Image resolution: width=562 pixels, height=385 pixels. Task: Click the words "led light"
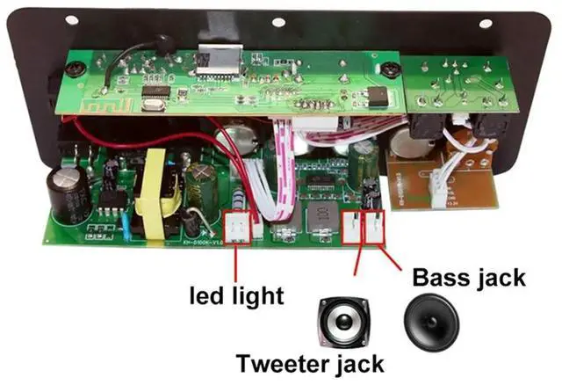[238, 294]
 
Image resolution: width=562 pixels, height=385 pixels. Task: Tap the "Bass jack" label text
[467, 279]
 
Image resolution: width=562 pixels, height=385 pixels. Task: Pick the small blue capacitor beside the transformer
[129, 226]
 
